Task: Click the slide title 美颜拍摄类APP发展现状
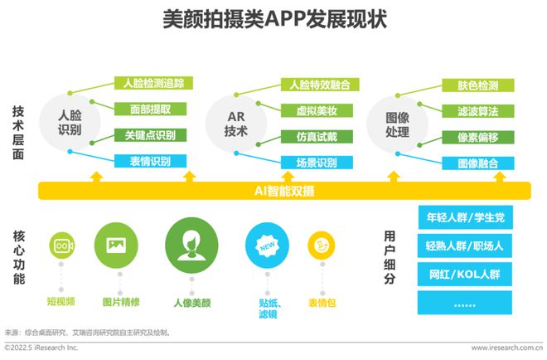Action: (x=273, y=20)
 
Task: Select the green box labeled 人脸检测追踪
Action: (x=153, y=83)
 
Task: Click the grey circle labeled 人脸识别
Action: (x=70, y=123)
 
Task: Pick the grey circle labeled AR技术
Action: (x=235, y=123)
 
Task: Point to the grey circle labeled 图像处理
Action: (x=396, y=123)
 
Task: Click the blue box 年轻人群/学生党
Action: (x=471, y=218)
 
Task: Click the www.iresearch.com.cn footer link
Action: (x=506, y=347)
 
